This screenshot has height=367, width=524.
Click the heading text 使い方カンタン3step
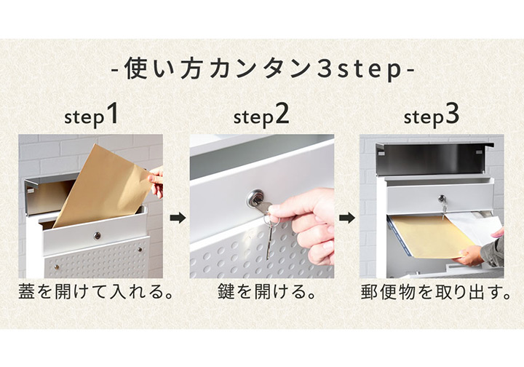click(x=262, y=71)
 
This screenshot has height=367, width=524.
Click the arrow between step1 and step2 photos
click(x=177, y=217)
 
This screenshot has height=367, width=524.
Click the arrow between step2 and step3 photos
click(x=348, y=217)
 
